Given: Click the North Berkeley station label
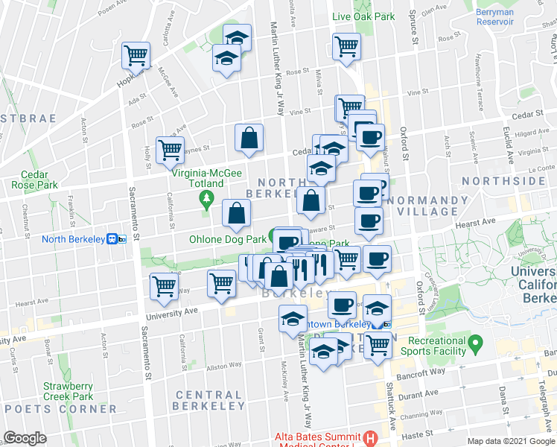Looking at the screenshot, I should [x=73, y=238].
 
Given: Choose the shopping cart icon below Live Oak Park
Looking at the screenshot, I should [x=347, y=46].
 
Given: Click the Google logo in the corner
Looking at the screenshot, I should [x=25, y=438].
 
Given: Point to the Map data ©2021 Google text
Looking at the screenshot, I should [x=510, y=441].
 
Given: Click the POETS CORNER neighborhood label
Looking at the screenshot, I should [x=60, y=409].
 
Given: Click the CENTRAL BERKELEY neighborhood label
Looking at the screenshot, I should [x=209, y=400].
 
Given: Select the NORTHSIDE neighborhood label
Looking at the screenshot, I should [x=503, y=181].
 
